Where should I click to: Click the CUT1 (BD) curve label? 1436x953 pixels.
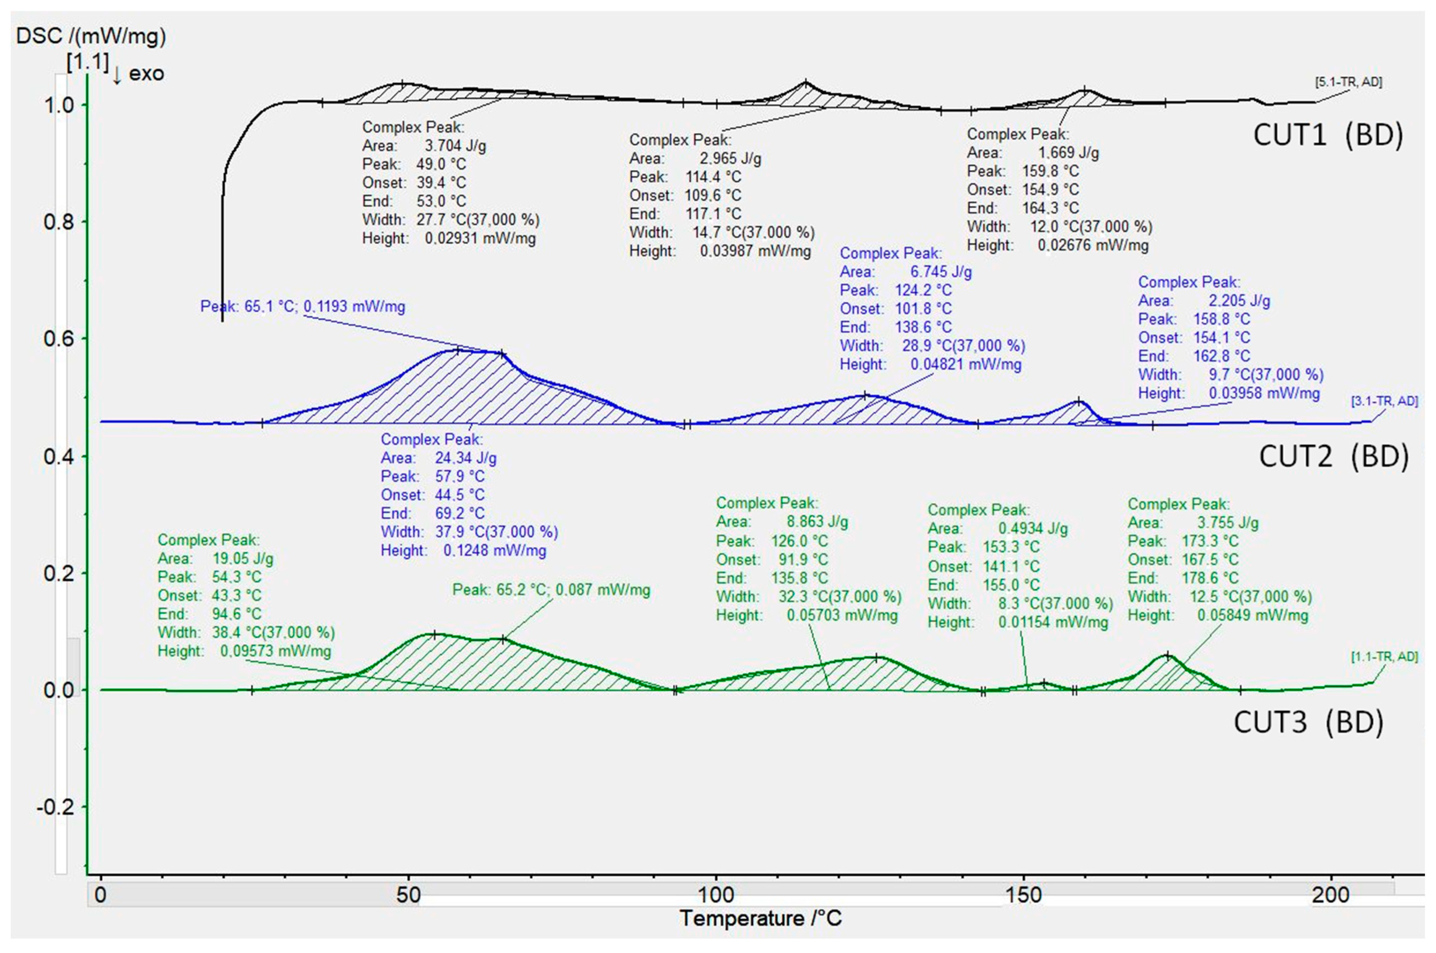[1328, 135]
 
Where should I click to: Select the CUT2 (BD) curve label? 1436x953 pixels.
[1333, 456]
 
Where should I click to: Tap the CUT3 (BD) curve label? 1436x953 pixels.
[1308, 722]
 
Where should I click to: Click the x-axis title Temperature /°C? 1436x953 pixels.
[761, 918]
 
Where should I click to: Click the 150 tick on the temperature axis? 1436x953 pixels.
[1023, 895]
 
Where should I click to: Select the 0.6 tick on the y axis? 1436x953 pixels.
[59, 339]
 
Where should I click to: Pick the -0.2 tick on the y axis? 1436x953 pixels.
[55, 807]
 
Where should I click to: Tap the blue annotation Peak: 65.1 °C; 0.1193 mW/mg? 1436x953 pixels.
[303, 306]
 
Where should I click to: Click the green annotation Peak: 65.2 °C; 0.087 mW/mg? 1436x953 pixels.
[551, 590]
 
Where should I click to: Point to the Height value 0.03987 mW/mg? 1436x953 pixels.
[755, 251]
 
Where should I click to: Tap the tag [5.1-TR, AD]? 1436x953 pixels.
[1348, 82]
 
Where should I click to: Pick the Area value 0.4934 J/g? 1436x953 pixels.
[1032, 529]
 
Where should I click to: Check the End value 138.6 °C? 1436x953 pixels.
[923, 327]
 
